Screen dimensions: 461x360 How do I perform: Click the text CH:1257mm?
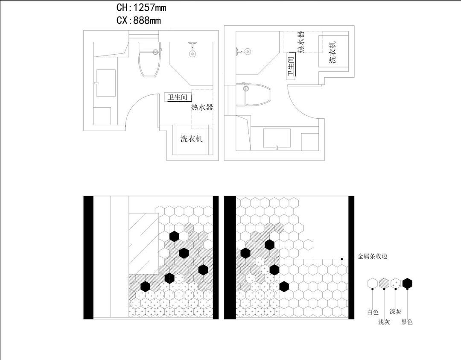click(x=141, y=7)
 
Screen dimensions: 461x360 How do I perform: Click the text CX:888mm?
click(x=138, y=20)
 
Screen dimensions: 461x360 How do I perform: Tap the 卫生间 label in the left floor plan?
click(x=177, y=97)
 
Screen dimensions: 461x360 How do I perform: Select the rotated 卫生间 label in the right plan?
click(x=291, y=67)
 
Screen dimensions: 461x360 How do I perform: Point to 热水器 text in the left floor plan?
click(x=202, y=107)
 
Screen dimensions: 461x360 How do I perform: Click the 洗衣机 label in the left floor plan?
click(x=192, y=138)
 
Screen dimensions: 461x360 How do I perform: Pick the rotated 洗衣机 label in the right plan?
click(x=333, y=53)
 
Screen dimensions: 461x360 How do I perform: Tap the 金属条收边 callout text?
click(x=372, y=257)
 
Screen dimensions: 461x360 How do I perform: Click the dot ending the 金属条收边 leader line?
click(x=342, y=259)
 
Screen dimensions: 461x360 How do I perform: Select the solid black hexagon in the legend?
click(x=408, y=284)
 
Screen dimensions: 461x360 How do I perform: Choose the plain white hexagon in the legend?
click(x=373, y=284)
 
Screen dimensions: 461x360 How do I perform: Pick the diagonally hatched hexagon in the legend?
click(x=384, y=284)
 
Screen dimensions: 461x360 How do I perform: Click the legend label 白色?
click(x=373, y=312)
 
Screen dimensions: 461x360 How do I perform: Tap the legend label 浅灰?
click(x=384, y=322)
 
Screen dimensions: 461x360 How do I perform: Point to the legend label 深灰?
click(x=395, y=312)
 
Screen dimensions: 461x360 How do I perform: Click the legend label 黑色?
click(x=407, y=322)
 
